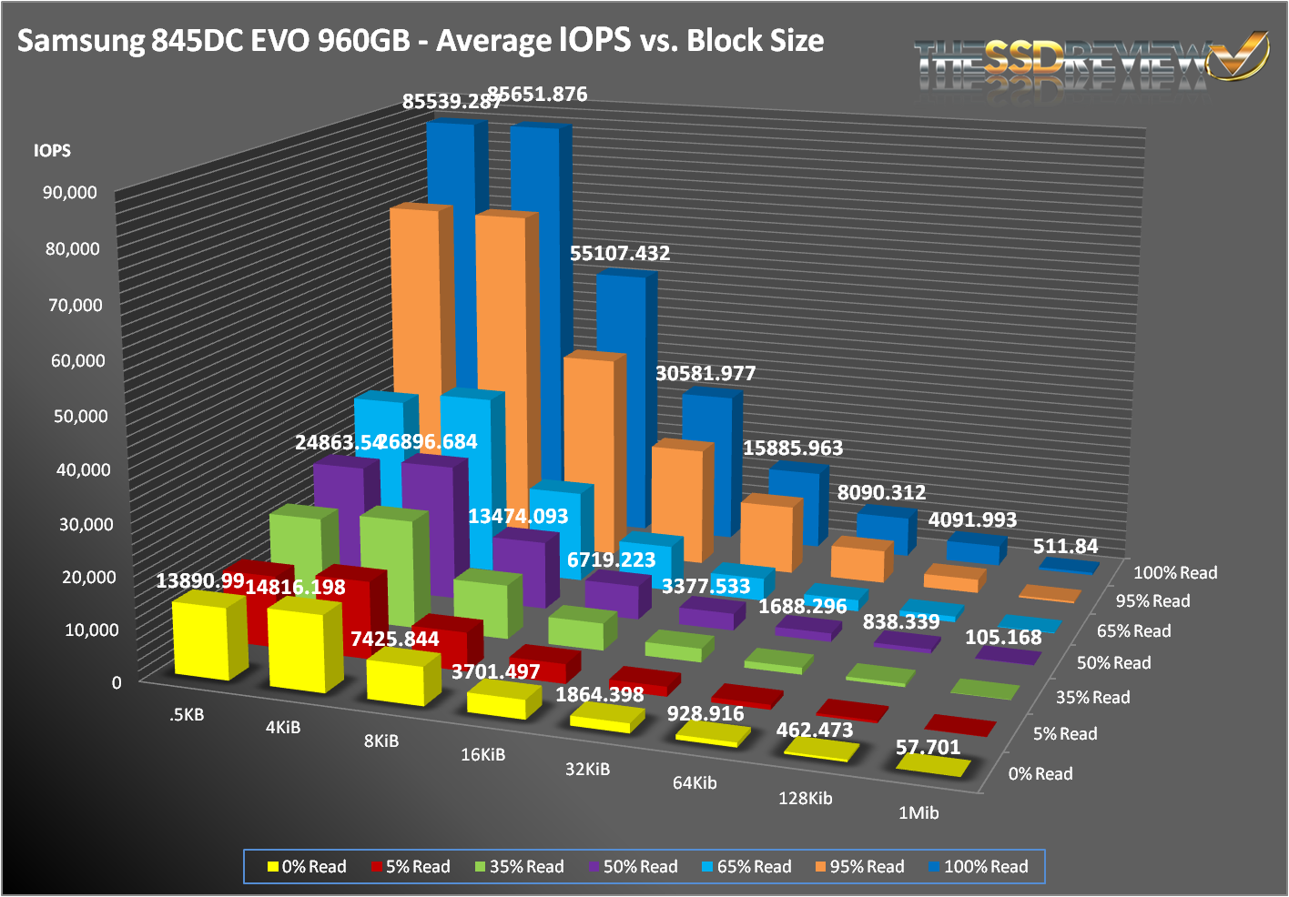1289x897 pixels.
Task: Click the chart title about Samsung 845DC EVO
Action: [421, 41]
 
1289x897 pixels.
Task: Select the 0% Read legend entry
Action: [307, 867]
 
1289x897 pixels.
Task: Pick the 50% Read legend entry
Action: [634, 867]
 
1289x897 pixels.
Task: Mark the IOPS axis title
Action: [52, 151]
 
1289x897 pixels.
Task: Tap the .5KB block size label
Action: [187, 715]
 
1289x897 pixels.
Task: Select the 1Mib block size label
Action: [918, 813]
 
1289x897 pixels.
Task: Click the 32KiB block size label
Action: [587, 770]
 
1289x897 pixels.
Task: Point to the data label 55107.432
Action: [620, 254]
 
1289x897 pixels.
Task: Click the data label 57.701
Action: [928, 748]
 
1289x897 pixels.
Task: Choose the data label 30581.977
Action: [705, 374]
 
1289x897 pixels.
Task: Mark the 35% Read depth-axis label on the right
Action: [1092, 698]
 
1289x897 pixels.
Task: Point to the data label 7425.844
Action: [395, 640]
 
